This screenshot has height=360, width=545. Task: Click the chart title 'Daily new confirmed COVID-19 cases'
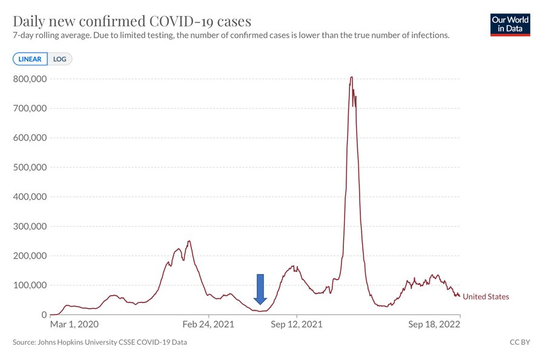click(132, 21)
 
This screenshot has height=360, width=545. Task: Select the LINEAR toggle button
click(30, 59)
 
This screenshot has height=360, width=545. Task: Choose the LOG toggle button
click(60, 59)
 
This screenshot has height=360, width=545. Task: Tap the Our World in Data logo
click(510, 24)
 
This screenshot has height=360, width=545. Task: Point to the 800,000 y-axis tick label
click(30, 79)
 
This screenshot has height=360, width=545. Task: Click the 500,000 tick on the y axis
click(30, 167)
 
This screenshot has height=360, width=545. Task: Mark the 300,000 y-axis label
click(30, 226)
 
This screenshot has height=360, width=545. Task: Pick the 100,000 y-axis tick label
click(30, 285)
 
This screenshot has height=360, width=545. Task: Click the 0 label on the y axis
click(44, 315)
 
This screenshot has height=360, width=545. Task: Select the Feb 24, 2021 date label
click(208, 324)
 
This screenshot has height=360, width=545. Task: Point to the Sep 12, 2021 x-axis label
click(297, 324)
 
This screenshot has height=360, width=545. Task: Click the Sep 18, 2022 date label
click(434, 324)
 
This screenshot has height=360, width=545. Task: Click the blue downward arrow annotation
click(260, 290)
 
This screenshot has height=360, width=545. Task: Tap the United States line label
click(486, 296)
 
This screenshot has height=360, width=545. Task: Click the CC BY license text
click(520, 342)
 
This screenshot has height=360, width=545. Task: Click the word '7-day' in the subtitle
click(24, 36)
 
